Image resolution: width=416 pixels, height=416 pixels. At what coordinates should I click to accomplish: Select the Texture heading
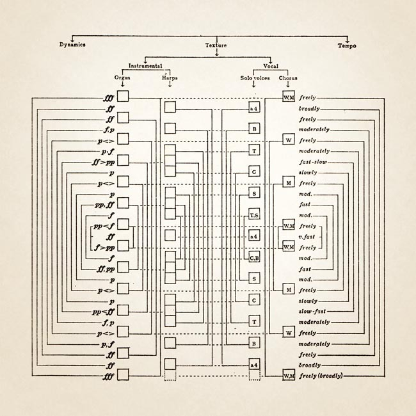(216, 45)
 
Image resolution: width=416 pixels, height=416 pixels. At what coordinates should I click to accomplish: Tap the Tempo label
(348, 45)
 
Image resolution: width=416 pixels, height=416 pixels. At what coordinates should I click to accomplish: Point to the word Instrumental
(145, 66)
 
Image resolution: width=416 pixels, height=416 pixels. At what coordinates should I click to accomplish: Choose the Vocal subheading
(270, 66)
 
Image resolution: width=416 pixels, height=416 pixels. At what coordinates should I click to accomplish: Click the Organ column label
(122, 77)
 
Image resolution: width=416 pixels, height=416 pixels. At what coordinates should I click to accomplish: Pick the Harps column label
(170, 77)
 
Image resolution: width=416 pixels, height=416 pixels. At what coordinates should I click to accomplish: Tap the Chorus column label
(288, 77)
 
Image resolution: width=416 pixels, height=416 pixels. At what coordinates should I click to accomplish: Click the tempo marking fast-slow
(313, 161)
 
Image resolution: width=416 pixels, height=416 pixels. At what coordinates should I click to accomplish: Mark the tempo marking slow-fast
(313, 310)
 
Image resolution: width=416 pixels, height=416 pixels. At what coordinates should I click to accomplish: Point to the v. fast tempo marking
(310, 236)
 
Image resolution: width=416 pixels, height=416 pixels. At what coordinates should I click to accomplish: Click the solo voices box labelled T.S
(254, 215)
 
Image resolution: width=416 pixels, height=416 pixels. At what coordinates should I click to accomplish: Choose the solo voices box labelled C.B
(254, 257)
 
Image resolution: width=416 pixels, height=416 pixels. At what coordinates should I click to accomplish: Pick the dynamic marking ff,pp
(105, 269)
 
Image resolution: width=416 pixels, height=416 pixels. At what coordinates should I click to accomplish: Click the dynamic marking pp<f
(103, 226)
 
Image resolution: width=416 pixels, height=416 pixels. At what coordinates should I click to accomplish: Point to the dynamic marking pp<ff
(103, 311)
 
